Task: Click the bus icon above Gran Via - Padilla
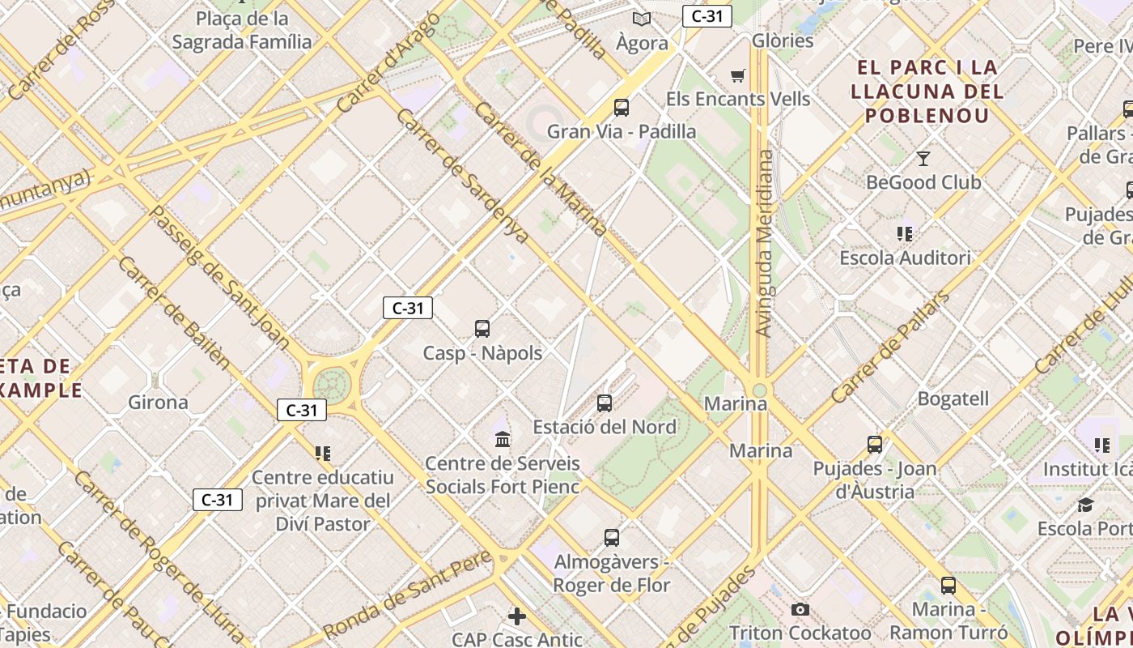(622, 107)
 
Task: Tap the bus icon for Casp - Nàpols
(482, 328)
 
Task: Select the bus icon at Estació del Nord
(605, 403)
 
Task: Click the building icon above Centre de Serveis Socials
(503, 439)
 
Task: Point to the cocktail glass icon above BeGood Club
(923, 158)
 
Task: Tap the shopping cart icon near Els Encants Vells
(737, 75)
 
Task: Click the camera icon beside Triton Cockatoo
(800, 609)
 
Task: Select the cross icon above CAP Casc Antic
(517, 616)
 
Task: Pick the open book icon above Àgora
(642, 19)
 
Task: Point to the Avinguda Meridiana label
(764, 243)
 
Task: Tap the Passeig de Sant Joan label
(219, 276)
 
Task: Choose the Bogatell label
(953, 399)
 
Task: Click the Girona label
(158, 402)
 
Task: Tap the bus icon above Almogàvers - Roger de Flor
(612, 537)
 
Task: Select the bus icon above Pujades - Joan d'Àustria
(875, 444)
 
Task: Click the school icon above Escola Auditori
(905, 234)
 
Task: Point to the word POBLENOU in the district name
(927, 115)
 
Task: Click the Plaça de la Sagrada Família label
(242, 30)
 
